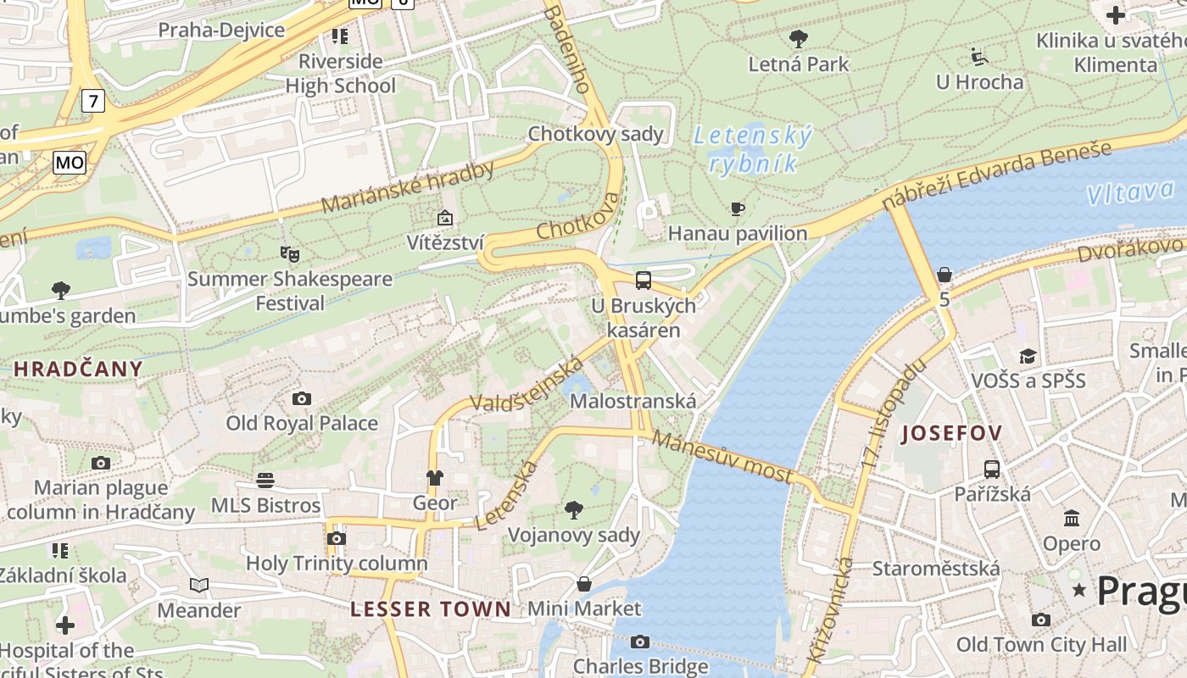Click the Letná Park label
tap(798, 64)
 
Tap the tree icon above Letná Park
tap(798, 38)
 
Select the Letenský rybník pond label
tap(753, 149)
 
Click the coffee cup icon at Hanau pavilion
tap(738, 208)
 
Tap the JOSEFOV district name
tap(951, 434)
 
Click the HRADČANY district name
tap(78, 369)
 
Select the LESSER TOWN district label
tap(431, 609)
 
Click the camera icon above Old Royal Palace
tap(301, 398)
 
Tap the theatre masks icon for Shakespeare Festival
tap(289, 253)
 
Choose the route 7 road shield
tap(93, 102)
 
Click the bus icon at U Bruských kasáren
tap(644, 280)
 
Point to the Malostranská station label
tap(633, 402)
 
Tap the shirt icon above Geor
tap(435, 478)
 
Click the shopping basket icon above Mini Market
tap(584, 584)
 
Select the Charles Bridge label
tap(640, 666)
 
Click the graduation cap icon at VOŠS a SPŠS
tap(1028, 356)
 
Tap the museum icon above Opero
tap(1071, 518)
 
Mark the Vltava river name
tap(1131, 193)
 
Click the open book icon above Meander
tap(199, 585)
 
